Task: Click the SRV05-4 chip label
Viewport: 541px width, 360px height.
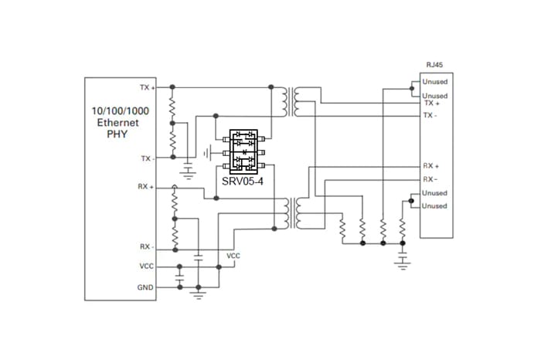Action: (243, 181)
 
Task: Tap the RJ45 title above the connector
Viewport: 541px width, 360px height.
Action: (434, 65)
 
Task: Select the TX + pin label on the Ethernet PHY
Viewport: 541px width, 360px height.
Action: (148, 87)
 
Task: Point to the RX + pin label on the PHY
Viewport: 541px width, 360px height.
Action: (145, 186)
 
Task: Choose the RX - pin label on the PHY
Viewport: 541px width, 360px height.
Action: (147, 247)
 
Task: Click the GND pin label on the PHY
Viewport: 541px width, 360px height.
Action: (145, 287)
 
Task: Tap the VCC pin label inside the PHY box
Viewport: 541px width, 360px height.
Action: (146, 267)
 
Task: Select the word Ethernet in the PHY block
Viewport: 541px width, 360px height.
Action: (118, 122)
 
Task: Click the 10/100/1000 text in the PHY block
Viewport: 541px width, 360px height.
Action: (120, 111)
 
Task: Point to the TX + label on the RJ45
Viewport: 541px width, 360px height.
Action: (432, 103)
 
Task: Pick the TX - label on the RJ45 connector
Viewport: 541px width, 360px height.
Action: (430, 115)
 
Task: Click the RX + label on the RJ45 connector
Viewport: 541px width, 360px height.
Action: (431, 166)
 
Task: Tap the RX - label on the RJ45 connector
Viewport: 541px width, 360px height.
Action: (430, 179)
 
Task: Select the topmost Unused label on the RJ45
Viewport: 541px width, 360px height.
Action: (434, 82)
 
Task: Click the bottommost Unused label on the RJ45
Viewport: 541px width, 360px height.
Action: (434, 205)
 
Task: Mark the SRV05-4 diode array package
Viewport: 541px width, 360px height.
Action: (243, 152)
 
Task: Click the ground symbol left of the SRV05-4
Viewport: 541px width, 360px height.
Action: (207, 153)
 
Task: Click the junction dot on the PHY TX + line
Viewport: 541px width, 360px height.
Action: (172, 87)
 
